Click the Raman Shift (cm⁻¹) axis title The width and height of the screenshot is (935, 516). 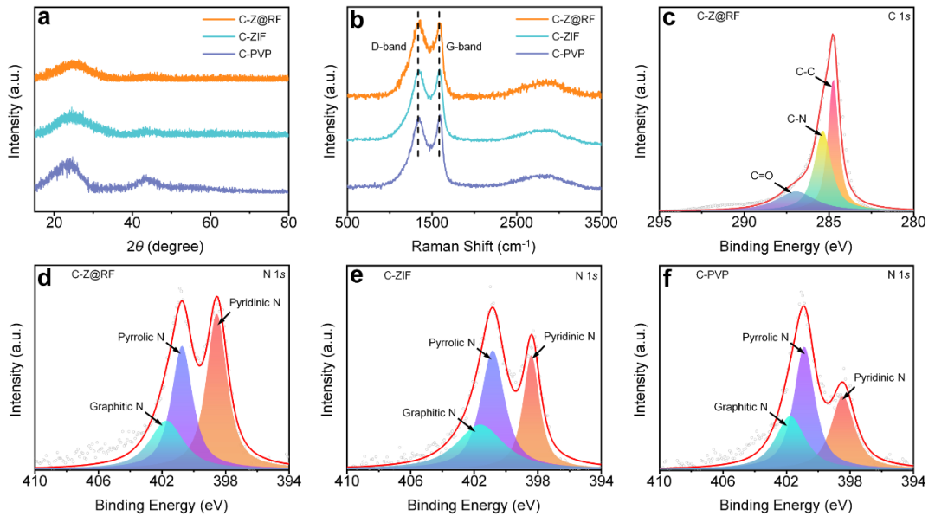click(x=474, y=247)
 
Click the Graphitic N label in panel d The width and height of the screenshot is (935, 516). click(x=118, y=405)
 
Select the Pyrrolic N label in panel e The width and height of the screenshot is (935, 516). click(x=451, y=343)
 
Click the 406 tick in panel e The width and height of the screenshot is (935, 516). click(x=410, y=481)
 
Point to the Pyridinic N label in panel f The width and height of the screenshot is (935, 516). click(x=879, y=377)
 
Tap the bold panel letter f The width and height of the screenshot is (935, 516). click(x=670, y=278)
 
